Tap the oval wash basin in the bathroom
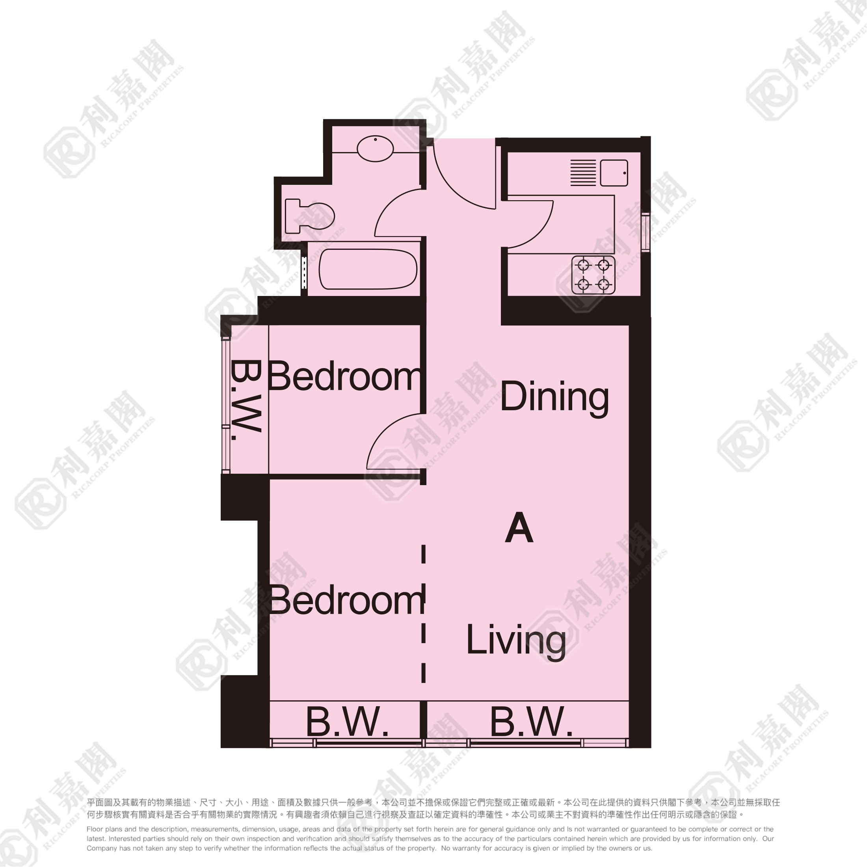coord(375,148)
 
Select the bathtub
coord(368,269)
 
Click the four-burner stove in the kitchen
coord(593,275)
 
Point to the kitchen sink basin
coord(614,173)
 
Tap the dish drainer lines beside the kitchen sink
coord(583,173)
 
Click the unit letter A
coord(519,528)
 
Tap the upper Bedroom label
coord(345,376)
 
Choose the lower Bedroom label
coord(346,600)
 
